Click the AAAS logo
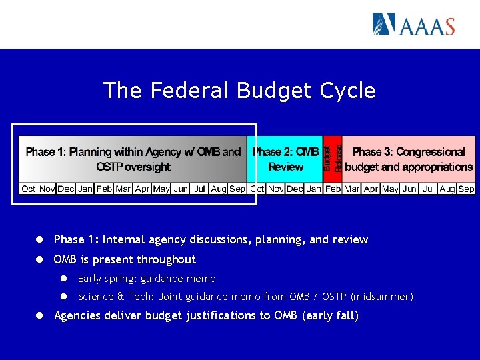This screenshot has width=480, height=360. (x=413, y=25)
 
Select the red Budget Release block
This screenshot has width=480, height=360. (x=333, y=158)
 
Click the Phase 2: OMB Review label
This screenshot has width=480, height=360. (x=285, y=159)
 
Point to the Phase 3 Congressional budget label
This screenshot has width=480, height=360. (x=409, y=159)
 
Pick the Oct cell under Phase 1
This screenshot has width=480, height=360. (x=28, y=189)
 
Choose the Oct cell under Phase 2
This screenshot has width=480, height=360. (x=257, y=189)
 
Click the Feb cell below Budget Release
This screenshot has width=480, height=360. (x=333, y=189)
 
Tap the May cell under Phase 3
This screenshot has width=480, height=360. (x=390, y=189)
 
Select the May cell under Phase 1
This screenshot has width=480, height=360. (x=161, y=189)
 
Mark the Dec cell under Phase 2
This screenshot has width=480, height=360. (x=295, y=189)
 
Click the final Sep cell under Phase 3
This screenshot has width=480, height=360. (x=466, y=189)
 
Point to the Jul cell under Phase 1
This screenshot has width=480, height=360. (x=199, y=189)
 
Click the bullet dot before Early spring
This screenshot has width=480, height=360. (x=65, y=279)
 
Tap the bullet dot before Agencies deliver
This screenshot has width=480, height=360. (x=40, y=315)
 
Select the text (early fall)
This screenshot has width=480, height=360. (x=330, y=315)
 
